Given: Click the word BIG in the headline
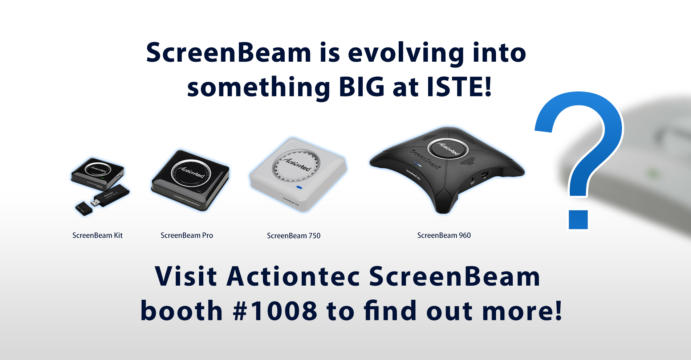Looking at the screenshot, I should (x=361, y=87).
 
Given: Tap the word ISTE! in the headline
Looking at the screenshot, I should (x=459, y=87).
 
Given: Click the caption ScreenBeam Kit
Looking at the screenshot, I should (x=97, y=236).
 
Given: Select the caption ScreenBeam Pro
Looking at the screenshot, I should (x=187, y=236).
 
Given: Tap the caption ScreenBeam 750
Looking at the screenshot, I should (x=293, y=236).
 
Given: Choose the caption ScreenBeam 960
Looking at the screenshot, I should (x=444, y=236).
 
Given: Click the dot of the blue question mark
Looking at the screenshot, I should (x=578, y=220).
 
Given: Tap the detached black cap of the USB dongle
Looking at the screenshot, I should (x=84, y=209).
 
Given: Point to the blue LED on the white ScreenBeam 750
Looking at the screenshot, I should (x=299, y=187).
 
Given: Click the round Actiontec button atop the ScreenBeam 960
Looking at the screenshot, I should (x=447, y=148).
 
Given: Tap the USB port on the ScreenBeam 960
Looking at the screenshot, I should (x=484, y=175).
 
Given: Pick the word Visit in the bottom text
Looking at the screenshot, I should (x=186, y=277).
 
